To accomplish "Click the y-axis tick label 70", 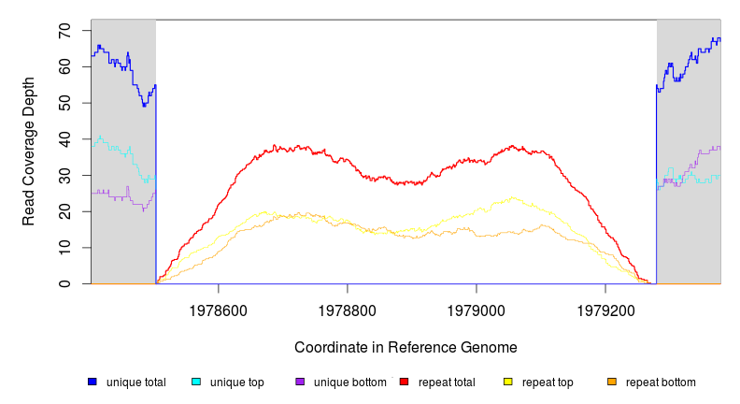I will point(64,31).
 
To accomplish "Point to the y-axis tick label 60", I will point(64,67).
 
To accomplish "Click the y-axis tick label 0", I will point(64,283).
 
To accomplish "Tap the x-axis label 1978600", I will point(219,308).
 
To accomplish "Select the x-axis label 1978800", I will point(348,308).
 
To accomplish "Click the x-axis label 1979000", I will point(477,308).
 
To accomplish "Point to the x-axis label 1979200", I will point(605,308).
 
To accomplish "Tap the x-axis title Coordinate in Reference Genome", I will point(406,347).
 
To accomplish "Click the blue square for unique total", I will point(92,382).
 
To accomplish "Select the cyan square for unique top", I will point(196,382).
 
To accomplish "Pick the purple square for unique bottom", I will point(300,382).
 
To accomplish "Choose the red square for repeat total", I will point(404,382).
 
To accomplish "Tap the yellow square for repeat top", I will point(508,382).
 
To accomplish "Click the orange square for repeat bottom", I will point(612,382).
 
